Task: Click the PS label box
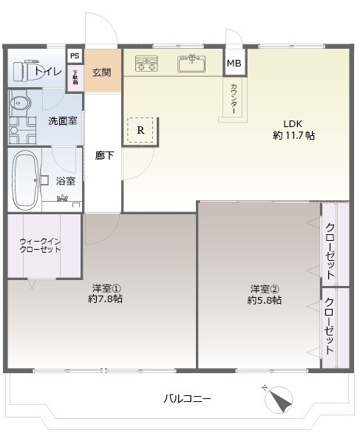click(x=75, y=56)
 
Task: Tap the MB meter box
click(x=234, y=64)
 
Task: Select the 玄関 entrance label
click(x=102, y=72)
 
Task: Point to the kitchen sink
click(x=191, y=64)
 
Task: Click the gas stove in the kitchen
click(x=146, y=64)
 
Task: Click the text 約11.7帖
click(x=293, y=136)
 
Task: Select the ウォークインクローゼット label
click(x=41, y=245)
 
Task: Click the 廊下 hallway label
click(x=104, y=155)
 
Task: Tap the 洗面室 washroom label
click(x=62, y=120)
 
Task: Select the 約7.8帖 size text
click(x=106, y=299)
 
